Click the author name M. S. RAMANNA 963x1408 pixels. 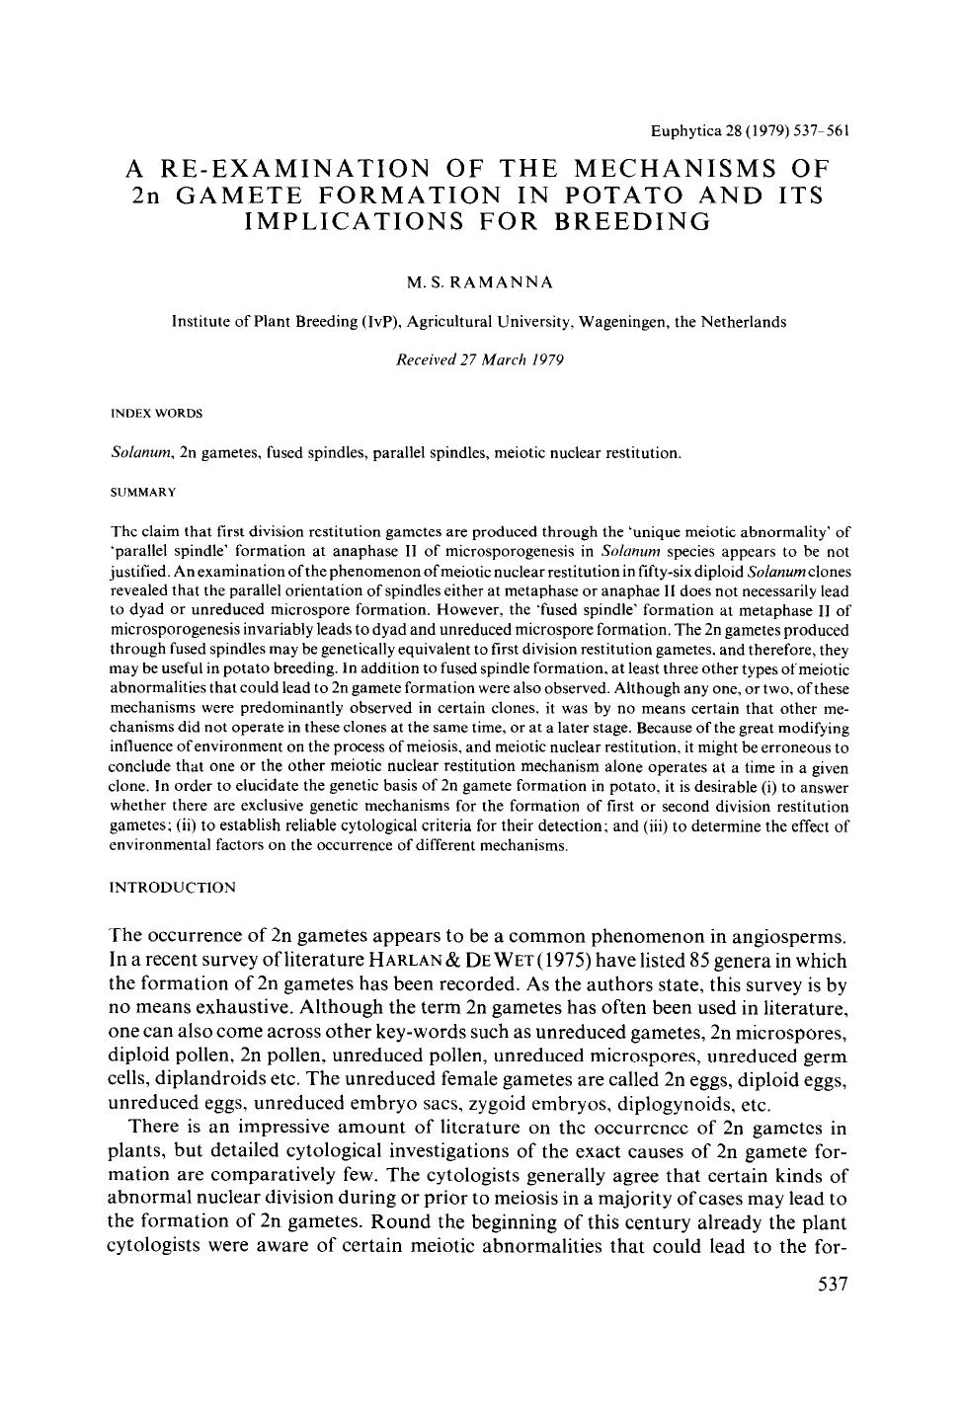pyautogui.click(x=480, y=282)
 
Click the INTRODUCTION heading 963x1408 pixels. pyautogui.click(x=172, y=888)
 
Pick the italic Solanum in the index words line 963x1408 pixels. pyautogui.click(x=135, y=453)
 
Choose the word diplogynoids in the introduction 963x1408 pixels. pyautogui.click(x=674, y=1104)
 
